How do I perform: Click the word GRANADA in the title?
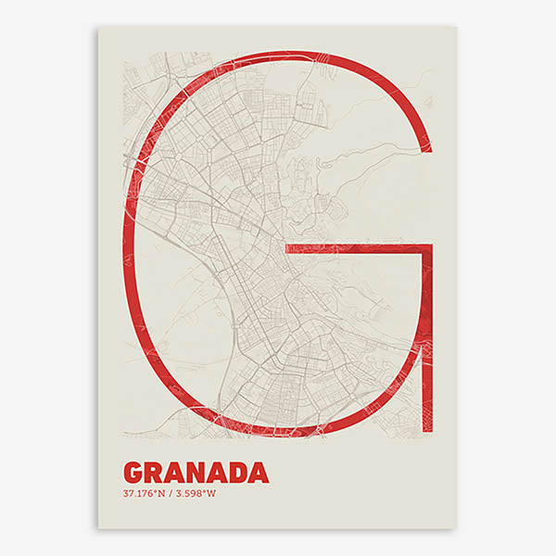(196, 473)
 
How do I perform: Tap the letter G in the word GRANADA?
(133, 473)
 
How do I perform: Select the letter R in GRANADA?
(154, 473)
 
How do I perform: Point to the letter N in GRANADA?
(196, 473)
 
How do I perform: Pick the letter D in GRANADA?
(237, 473)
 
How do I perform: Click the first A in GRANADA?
(174, 473)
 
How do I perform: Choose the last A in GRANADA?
(259, 473)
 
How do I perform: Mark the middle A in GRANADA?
(216, 473)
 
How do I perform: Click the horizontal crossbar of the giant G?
(357, 249)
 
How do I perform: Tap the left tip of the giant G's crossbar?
(286, 249)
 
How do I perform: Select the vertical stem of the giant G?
(427, 343)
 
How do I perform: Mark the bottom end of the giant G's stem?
(427, 433)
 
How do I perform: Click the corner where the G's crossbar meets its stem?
(427, 249)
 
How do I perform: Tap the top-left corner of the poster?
(99, 27)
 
